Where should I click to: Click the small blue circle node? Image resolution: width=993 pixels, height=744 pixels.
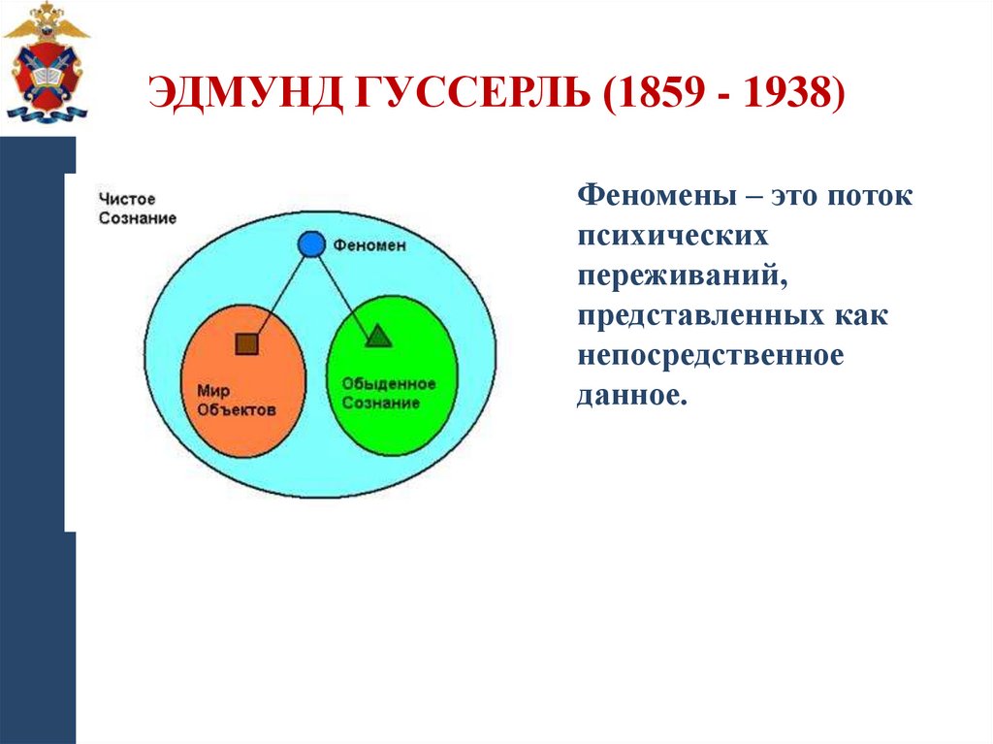tap(310, 244)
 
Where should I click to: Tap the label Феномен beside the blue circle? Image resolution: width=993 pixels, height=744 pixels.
tap(369, 246)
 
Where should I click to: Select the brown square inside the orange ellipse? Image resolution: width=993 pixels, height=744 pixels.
tap(247, 343)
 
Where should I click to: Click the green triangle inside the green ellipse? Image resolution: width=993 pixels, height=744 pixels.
tap(377, 336)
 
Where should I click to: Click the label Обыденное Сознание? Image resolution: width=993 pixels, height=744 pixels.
tap(388, 393)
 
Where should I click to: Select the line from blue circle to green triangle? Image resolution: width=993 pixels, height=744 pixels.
tap(343, 290)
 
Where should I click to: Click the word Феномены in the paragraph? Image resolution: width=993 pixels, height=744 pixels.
tap(656, 195)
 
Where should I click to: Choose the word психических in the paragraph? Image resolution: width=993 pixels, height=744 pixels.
tap(674, 236)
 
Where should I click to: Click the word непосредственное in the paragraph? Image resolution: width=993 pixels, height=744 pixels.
tap(712, 356)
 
